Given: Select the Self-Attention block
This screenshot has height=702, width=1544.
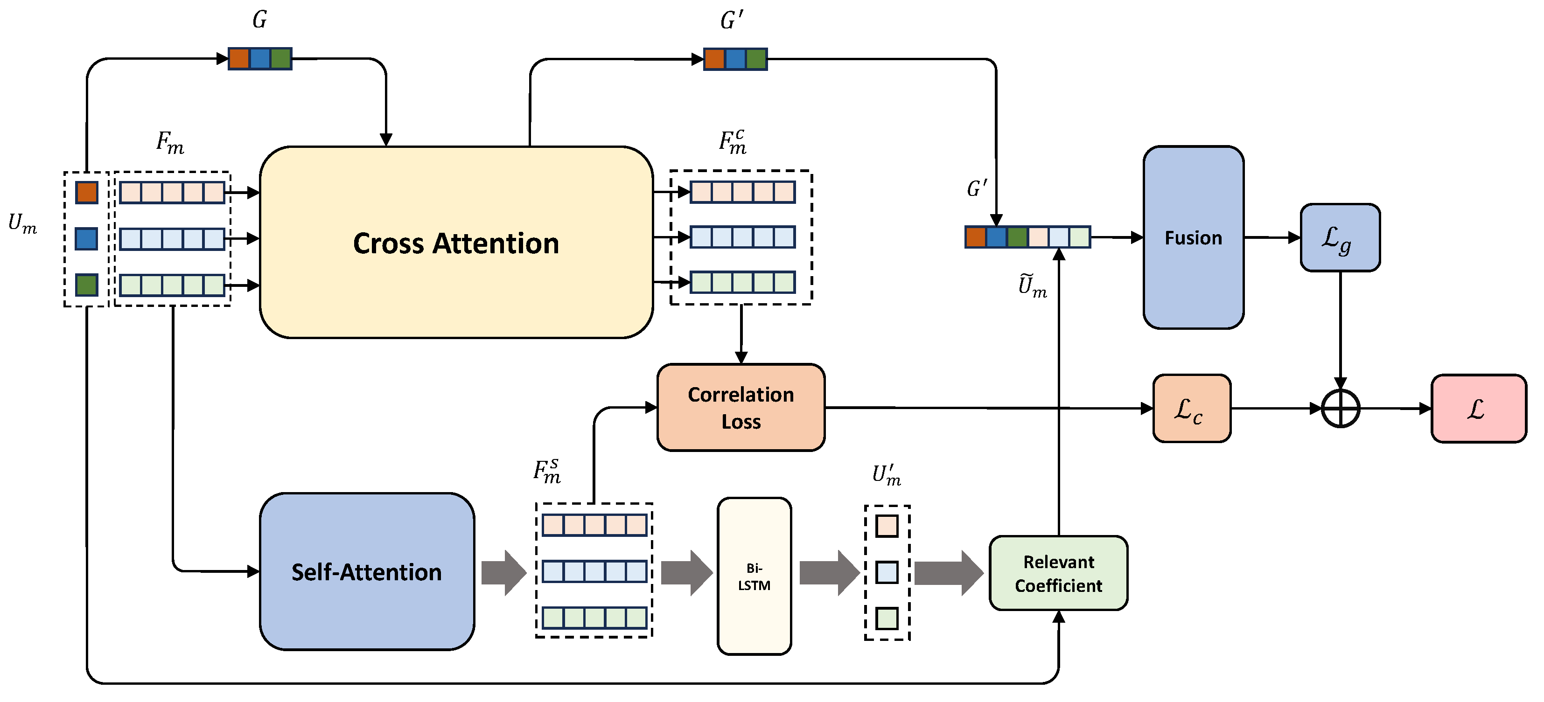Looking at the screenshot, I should [367, 572].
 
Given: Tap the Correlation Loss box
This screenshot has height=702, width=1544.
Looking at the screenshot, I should [741, 407].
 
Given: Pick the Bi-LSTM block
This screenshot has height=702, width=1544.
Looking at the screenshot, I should [754, 576].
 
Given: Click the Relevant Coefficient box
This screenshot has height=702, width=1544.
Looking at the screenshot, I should [1059, 573].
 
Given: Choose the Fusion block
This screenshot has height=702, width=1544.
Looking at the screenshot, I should [1193, 238].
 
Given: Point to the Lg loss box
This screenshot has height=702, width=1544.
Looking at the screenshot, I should [1340, 238].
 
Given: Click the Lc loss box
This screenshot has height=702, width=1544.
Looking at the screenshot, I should [1192, 409].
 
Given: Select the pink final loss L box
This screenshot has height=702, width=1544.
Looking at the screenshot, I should [1478, 409].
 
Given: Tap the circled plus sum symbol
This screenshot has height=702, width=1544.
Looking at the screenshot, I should [1340, 409].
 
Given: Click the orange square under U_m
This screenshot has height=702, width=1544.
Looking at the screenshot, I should [86, 192].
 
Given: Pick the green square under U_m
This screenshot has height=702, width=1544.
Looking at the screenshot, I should [86, 285].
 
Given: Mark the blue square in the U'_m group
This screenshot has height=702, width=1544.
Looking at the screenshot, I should [887, 572].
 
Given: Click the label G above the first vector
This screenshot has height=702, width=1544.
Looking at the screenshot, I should [259, 20].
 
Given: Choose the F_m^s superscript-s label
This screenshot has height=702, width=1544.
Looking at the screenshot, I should [547, 472].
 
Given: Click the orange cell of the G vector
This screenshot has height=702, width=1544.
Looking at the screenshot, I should [239, 59].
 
